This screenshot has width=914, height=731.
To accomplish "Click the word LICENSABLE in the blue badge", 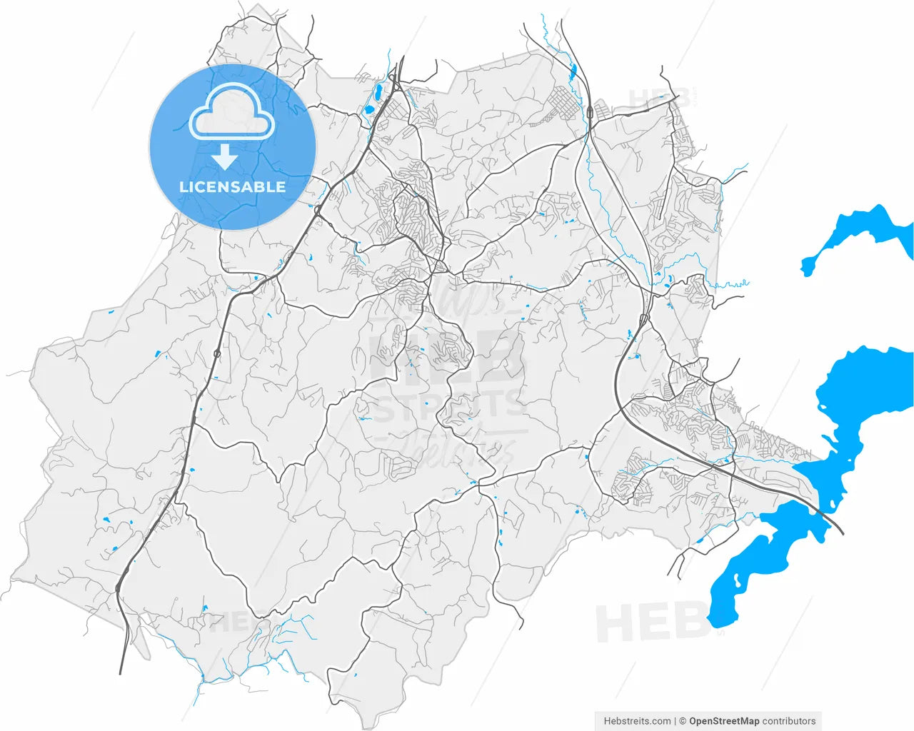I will (x=232, y=187).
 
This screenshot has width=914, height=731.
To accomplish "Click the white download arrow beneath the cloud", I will (x=225, y=156).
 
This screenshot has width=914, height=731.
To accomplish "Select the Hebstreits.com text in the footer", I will (x=637, y=721).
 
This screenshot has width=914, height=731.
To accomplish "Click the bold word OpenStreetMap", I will (x=724, y=721).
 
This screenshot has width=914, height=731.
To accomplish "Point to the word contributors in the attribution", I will (x=789, y=721).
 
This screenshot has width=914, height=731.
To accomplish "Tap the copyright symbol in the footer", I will (x=683, y=721).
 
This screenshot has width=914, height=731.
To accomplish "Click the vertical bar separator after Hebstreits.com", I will (x=675, y=721).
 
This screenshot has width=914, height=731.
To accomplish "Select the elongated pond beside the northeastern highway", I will (x=572, y=71).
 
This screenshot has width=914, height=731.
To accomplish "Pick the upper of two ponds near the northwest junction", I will (x=373, y=94).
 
